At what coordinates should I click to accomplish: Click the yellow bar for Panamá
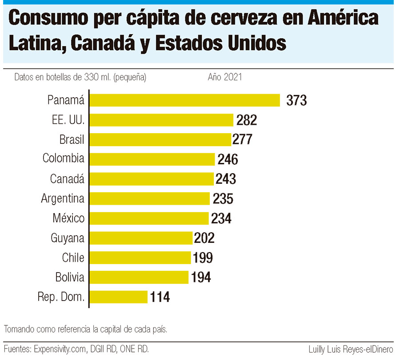(x=184, y=100)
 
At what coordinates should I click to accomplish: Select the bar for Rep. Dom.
(x=118, y=297)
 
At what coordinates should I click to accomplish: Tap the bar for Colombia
(x=152, y=159)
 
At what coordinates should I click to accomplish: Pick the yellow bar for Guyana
(x=141, y=238)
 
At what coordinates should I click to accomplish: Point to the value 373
(x=296, y=100)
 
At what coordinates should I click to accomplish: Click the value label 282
(x=247, y=120)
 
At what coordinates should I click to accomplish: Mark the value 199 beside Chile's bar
(x=202, y=257)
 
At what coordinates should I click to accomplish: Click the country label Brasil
(x=72, y=139)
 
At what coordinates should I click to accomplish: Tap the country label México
(x=68, y=218)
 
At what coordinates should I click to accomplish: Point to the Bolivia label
(x=70, y=277)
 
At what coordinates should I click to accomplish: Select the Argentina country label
(x=63, y=198)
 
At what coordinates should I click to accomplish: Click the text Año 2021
(x=225, y=77)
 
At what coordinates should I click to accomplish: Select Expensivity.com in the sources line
(x=64, y=349)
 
